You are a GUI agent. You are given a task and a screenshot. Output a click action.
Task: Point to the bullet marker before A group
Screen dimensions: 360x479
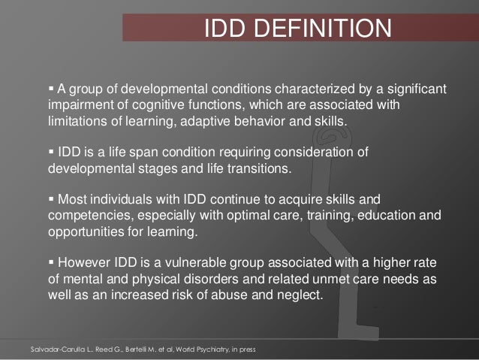click(51, 91)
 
